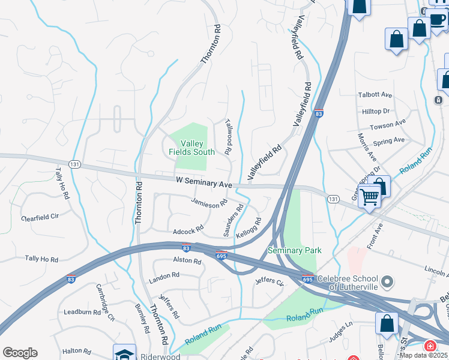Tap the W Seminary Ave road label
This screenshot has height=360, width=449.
click(203, 181)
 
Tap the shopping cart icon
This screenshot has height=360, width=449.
click(370, 196)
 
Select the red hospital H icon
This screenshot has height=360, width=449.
click(430, 347)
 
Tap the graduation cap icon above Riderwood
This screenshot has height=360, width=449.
click(124, 353)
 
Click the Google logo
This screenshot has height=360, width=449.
click(20, 353)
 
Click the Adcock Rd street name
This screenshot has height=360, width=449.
click(188, 229)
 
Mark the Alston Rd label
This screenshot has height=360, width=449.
click(187, 260)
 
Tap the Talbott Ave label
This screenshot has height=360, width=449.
click(375, 95)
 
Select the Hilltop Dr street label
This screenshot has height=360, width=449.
click(376, 111)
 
